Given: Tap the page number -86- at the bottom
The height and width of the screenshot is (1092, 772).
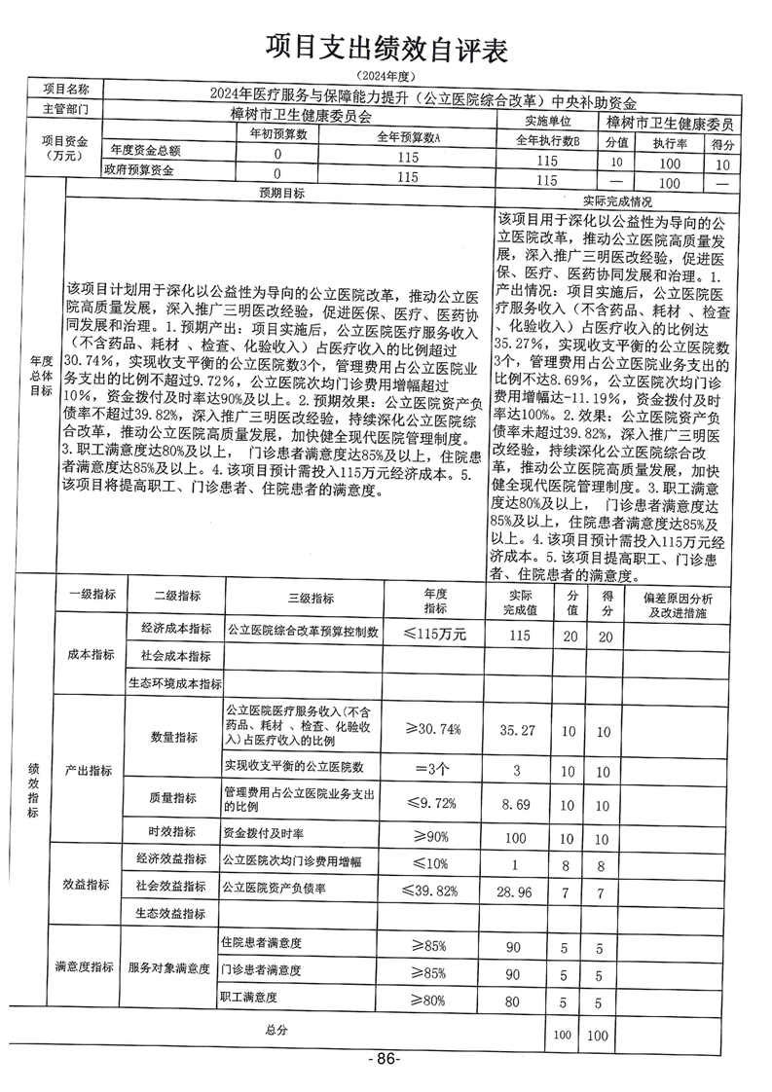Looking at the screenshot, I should (385, 1058).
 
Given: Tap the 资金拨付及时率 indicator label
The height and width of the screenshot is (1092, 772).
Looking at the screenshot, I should (265, 834).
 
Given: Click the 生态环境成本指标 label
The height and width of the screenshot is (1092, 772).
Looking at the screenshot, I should (175, 684).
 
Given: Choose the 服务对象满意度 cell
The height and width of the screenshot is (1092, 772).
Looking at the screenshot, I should (169, 969).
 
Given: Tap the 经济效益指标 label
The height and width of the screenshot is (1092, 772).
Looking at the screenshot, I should (174, 859).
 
